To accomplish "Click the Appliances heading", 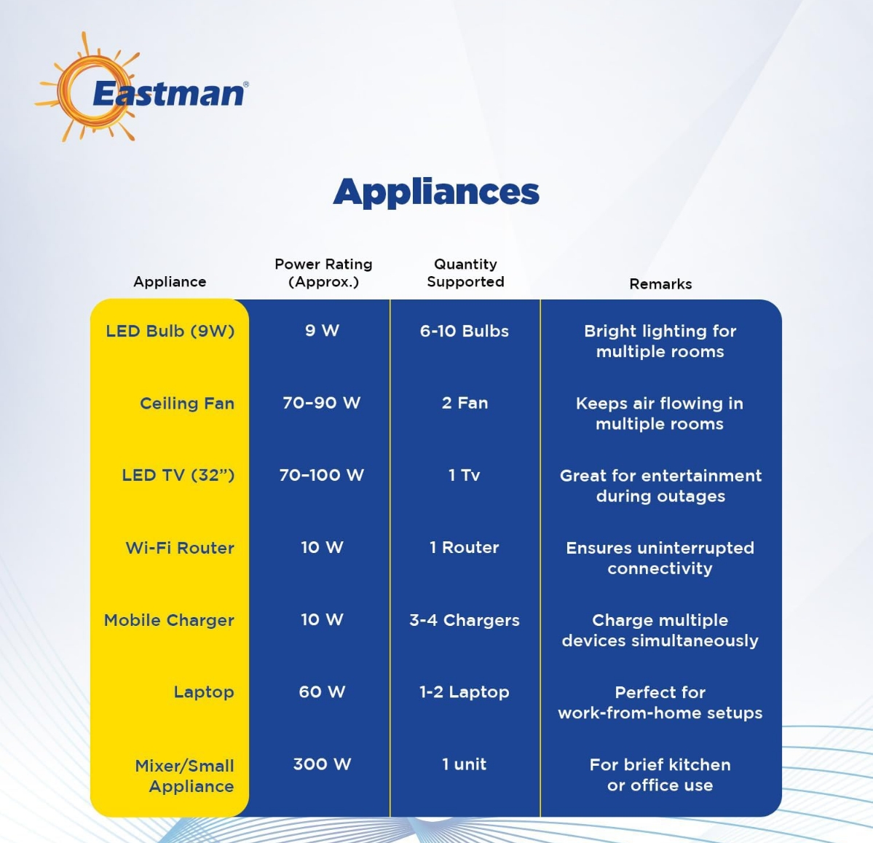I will pos(435,192).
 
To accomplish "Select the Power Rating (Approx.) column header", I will pos(323,273).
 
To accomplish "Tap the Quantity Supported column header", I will pos(465,273).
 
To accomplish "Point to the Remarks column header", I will pos(660,284).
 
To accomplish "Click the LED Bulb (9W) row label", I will pos(170,331).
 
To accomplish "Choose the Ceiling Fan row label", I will pos(187,403).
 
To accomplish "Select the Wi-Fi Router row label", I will pos(180,548).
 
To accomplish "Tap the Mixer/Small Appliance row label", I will pos(185,776).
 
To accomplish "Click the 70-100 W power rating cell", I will pos(321,475).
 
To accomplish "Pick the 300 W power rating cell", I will pos(322,764).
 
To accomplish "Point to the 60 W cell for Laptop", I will pos(322,692).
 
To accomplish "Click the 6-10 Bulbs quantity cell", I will pos(465,331).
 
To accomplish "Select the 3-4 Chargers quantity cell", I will pos(465,620).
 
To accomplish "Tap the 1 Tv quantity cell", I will pos(465,475).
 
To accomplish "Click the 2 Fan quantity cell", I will pos(465,403).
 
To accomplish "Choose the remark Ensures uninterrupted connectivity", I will pos(660,558).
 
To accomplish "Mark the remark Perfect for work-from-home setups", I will pos(660,702).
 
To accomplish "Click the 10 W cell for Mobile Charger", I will pos(322,620).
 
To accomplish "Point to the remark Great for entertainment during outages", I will pos(660,486).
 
